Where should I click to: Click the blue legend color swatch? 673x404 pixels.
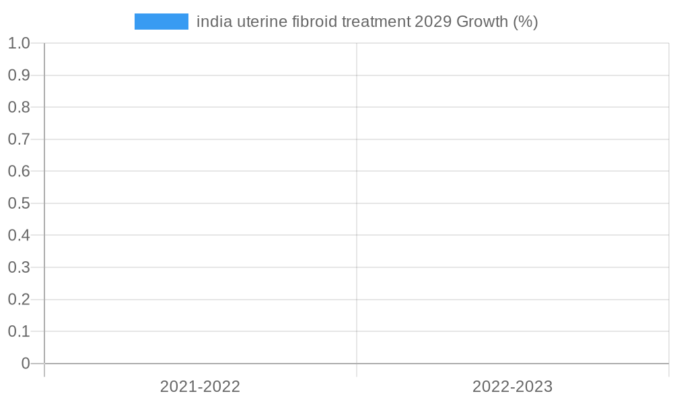tap(162, 22)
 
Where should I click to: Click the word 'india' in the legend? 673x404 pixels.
tap(210, 22)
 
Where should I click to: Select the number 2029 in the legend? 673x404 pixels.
tap(433, 22)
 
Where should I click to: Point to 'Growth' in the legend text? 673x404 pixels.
tap(483, 22)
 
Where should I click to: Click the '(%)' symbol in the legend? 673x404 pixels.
tap(526, 22)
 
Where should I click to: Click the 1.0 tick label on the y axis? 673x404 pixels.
tap(19, 43)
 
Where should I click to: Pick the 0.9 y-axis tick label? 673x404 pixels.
tap(19, 75)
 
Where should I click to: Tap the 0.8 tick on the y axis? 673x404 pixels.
tap(19, 107)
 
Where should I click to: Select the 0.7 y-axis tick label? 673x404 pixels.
tap(19, 139)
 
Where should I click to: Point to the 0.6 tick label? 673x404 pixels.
tap(19, 171)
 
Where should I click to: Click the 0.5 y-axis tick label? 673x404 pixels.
tap(19, 203)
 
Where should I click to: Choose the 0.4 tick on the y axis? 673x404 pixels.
tap(19, 235)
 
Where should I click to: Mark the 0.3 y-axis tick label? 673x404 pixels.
tap(19, 267)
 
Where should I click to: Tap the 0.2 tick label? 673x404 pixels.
tap(19, 299)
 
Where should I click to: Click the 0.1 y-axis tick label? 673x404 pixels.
tap(19, 331)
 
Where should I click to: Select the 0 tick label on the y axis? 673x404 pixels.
tap(26, 364)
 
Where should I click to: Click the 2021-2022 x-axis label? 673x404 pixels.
tap(200, 386)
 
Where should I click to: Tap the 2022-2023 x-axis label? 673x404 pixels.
tap(512, 386)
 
